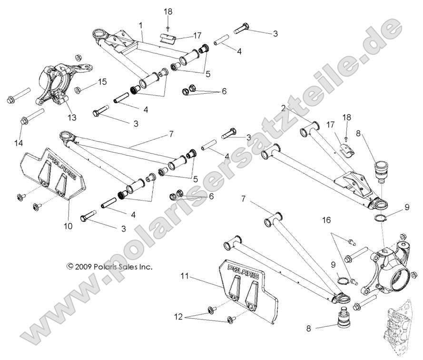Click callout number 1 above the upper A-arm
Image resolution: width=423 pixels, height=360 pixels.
(140, 24)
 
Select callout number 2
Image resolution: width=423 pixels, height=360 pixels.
(296, 109)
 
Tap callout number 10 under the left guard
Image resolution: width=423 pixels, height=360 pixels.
(68, 226)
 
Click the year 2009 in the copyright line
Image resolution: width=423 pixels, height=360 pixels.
(84, 267)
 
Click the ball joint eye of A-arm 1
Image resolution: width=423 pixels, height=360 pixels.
(100, 35)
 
